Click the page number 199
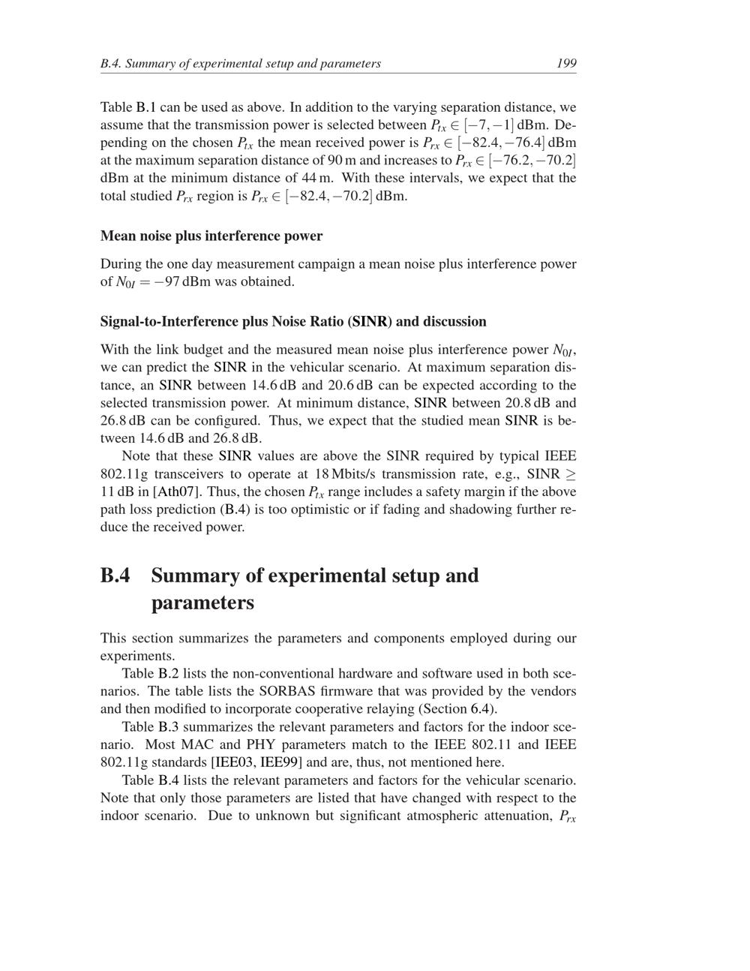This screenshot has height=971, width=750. tap(566, 63)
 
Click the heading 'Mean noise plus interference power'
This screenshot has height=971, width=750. tap(211, 236)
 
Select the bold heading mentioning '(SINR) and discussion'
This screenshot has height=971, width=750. tap(293, 321)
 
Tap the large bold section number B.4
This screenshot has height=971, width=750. tap(115, 576)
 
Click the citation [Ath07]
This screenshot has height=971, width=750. tap(177, 492)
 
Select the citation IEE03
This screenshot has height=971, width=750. tap(234, 762)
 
